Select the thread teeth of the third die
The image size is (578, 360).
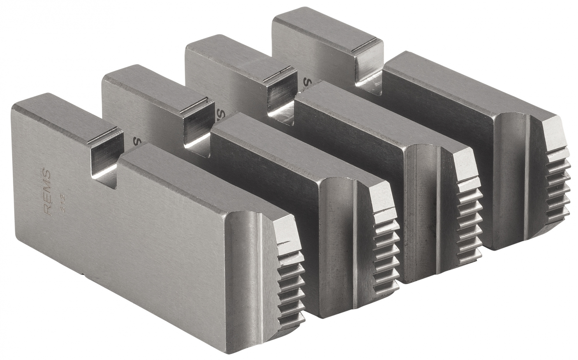(468, 220)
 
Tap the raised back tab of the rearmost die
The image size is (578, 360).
(327, 32)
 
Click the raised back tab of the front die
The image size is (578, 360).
(66, 116)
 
